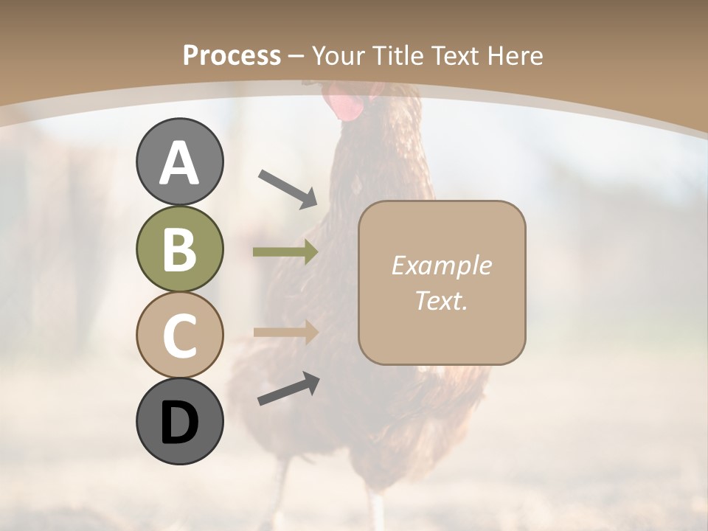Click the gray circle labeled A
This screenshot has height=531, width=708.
pyautogui.click(x=179, y=162)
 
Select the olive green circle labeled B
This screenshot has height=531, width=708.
pyautogui.click(x=179, y=249)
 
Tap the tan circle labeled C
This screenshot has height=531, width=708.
pyautogui.click(x=179, y=336)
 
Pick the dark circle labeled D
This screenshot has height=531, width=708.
pyautogui.click(x=179, y=422)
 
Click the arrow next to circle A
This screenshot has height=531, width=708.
pyautogui.click(x=288, y=187)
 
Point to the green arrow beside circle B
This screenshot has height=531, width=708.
pyautogui.click(x=285, y=252)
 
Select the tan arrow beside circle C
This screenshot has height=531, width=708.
pyautogui.click(x=285, y=332)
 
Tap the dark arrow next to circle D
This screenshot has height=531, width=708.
pyautogui.click(x=288, y=389)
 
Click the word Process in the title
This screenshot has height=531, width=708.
pyautogui.click(x=232, y=56)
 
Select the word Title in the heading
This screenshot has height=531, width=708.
pyautogui.click(x=398, y=56)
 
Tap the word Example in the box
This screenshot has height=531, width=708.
pyautogui.click(x=441, y=265)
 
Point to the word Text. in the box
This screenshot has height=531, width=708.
pyautogui.click(x=441, y=300)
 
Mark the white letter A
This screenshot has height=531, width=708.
pyautogui.click(x=179, y=163)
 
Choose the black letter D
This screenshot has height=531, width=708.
pyautogui.click(x=179, y=423)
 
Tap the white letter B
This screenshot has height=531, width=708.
pyautogui.click(x=179, y=249)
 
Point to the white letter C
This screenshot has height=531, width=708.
pyautogui.click(x=179, y=336)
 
